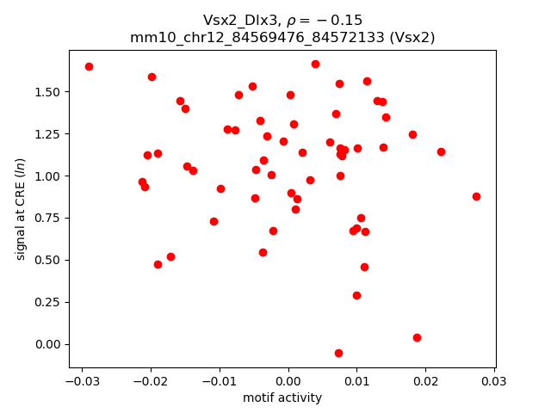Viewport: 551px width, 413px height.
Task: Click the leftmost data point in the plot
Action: click(x=89, y=66)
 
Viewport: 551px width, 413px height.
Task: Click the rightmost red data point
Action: click(x=476, y=196)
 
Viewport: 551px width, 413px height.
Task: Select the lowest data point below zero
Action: click(x=338, y=353)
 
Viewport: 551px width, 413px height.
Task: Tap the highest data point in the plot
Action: click(x=315, y=64)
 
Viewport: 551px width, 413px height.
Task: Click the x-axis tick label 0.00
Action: click(x=288, y=381)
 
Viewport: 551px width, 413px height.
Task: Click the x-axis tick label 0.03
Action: click(x=494, y=381)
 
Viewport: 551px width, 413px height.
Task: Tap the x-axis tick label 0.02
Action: click(x=425, y=381)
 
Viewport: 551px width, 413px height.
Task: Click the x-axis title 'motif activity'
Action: click(x=282, y=398)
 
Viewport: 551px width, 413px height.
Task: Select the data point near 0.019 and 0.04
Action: click(x=417, y=337)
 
